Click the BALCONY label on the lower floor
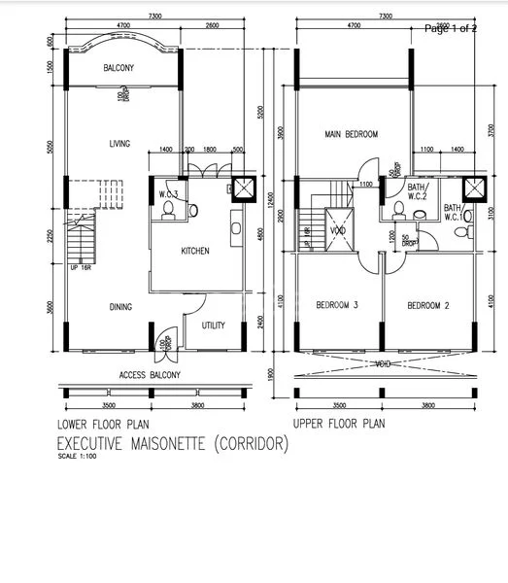tap(119, 67)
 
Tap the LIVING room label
tap(119, 144)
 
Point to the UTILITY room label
tap(213, 326)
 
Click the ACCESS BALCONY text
tap(152, 375)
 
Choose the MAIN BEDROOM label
tap(351, 134)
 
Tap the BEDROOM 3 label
tap(337, 306)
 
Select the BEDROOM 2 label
tap(426, 306)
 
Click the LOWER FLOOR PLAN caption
tap(104, 424)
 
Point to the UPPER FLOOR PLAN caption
tap(339, 424)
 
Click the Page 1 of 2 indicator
tap(451, 28)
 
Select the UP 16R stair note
tap(80, 268)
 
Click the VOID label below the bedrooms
tap(386, 362)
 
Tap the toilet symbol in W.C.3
tap(168, 207)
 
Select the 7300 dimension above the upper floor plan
tap(386, 17)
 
